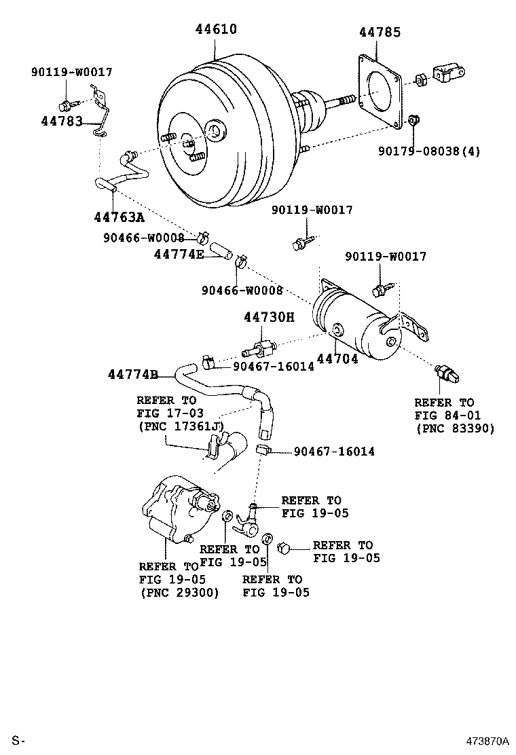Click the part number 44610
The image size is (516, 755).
216,29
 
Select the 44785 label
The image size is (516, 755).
380,32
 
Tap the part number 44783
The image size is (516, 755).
61,122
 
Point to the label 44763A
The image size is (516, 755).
118,217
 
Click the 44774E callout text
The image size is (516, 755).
179,254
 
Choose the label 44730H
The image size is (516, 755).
269,318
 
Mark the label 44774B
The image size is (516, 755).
132,375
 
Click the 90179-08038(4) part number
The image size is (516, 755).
429,151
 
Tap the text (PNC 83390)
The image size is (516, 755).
454,428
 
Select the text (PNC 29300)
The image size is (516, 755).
179,592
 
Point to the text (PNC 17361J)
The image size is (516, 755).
180,426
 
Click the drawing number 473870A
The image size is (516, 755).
487,739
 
